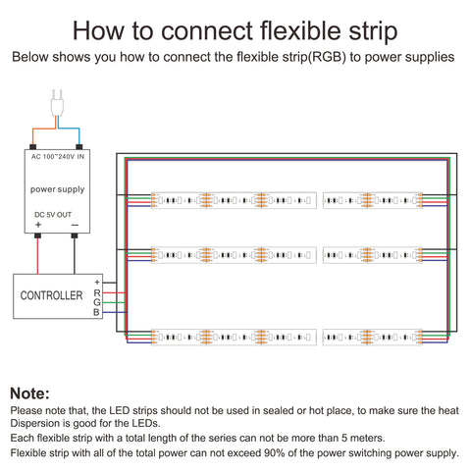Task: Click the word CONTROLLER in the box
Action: (51, 295)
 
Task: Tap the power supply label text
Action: (57, 189)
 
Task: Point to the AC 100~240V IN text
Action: (58, 157)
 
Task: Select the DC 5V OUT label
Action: (53, 215)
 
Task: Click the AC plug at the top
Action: (57, 103)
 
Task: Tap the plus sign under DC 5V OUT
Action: (38, 225)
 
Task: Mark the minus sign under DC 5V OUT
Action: (75, 225)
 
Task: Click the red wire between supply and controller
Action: (37, 256)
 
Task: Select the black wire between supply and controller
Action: (75, 256)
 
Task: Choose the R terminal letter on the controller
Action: (97, 292)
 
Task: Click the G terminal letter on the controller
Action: (97, 302)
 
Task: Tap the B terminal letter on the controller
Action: (96, 312)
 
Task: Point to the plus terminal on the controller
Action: (97, 283)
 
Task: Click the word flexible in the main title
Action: (300, 31)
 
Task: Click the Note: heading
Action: (29, 393)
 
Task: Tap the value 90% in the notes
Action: (273, 453)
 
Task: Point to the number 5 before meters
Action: (344, 438)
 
